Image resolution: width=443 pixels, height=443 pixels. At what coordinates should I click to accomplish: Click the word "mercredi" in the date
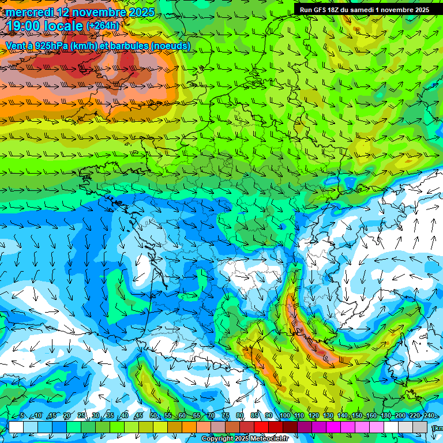pos(29,12)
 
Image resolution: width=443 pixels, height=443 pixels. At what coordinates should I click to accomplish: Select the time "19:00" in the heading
pos(26,26)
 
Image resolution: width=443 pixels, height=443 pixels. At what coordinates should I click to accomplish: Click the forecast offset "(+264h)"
pos(102,25)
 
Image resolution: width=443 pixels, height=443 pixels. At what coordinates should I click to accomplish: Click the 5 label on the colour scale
pos(22,415)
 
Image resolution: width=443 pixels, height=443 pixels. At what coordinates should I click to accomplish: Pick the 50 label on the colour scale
pos(153,415)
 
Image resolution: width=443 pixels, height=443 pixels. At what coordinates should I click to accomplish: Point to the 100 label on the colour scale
pos(284,415)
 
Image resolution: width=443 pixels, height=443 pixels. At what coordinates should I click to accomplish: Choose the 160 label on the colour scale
pos(371,415)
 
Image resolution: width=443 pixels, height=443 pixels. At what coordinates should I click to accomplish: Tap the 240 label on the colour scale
pos(429,415)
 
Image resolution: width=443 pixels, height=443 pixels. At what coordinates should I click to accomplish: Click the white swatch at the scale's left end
pos(16,427)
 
